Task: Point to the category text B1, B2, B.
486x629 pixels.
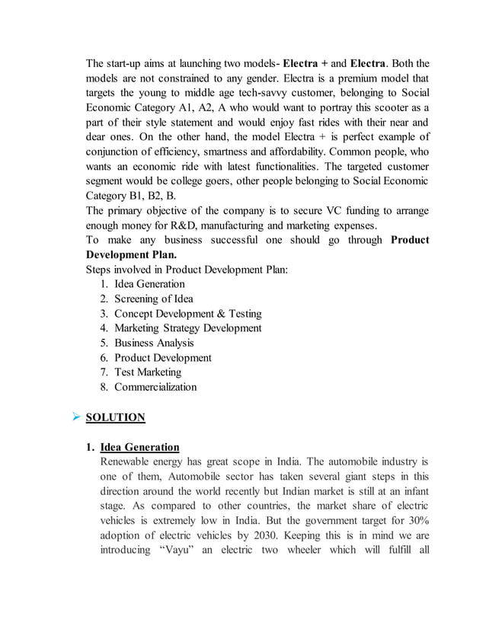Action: (x=153, y=196)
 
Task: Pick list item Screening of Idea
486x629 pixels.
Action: (x=154, y=299)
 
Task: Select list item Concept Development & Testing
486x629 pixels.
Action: (x=188, y=313)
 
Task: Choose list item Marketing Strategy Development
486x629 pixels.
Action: (x=188, y=328)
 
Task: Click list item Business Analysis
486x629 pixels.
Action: (x=155, y=343)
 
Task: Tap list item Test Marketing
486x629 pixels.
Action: (x=148, y=372)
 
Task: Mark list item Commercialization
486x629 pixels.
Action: (x=155, y=387)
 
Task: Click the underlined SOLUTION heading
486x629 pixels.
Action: (x=115, y=417)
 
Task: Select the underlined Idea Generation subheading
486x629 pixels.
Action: (x=140, y=447)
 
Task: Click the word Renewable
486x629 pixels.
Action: (x=128, y=461)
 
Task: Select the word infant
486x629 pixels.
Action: (x=411, y=491)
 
